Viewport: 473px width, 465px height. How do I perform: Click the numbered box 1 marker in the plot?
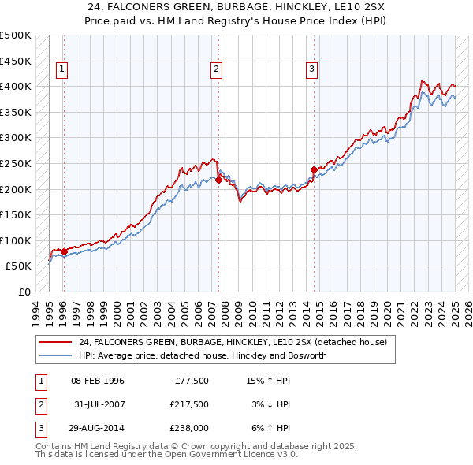pyautogui.click(x=62, y=69)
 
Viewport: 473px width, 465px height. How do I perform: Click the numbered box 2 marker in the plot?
pyautogui.click(x=216, y=69)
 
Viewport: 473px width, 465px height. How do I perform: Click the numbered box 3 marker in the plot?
pyautogui.click(x=311, y=69)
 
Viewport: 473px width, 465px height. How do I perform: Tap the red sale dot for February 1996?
pyautogui.click(x=64, y=252)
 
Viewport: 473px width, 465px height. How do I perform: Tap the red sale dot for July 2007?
pyautogui.click(x=218, y=180)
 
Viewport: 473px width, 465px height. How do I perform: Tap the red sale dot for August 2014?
pyautogui.click(x=314, y=169)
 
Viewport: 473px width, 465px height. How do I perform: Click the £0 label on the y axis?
pyautogui.click(x=24, y=292)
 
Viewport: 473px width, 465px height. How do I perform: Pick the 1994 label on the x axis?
pyautogui.click(x=35, y=311)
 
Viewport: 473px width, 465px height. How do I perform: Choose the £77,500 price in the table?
pyautogui.click(x=189, y=381)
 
